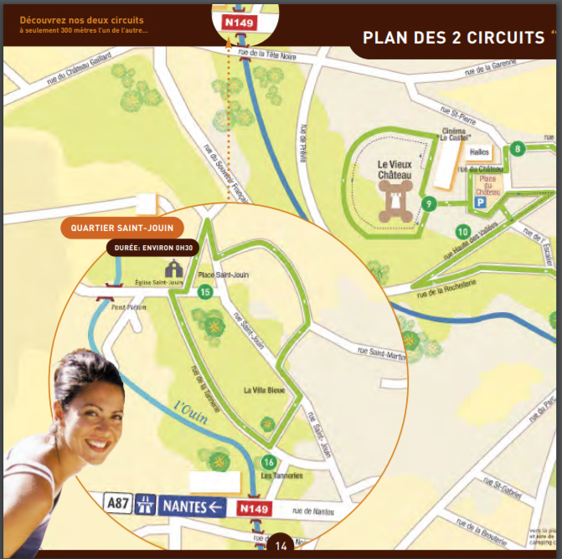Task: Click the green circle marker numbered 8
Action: click(518, 149)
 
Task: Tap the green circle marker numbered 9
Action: click(428, 203)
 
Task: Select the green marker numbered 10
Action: click(462, 231)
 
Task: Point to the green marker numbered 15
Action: click(204, 292)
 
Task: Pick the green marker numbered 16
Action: click(269, 462)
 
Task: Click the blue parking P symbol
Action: click(481, 202)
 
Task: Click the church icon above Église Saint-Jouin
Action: click(174, 269)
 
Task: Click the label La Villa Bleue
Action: click(264, 390)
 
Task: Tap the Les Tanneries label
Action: click(276, 476)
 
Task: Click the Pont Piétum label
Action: click(130, 307)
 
